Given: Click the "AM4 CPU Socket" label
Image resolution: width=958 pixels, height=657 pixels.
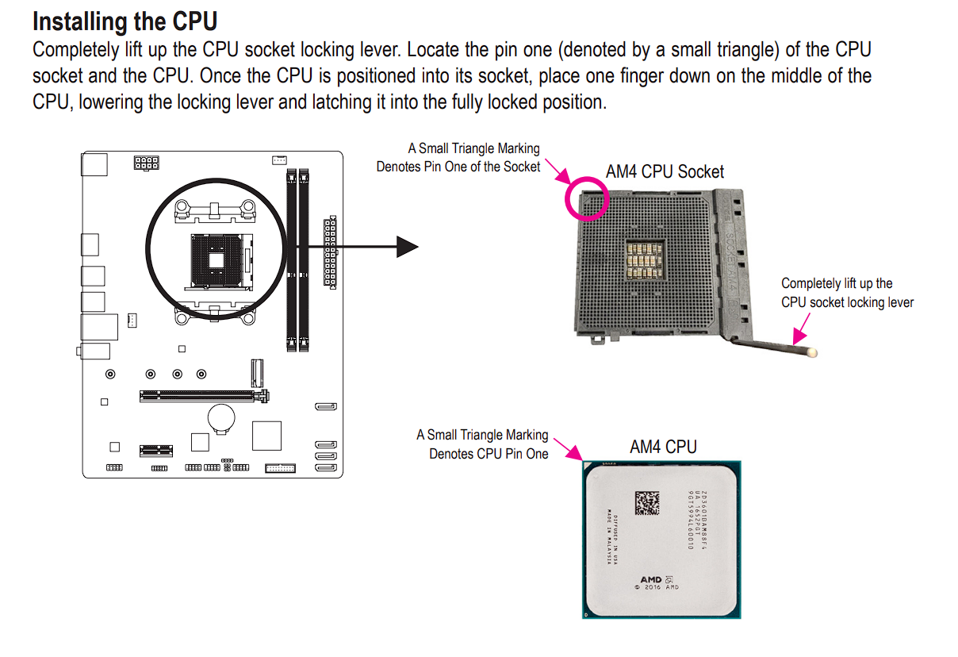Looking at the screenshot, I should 665,171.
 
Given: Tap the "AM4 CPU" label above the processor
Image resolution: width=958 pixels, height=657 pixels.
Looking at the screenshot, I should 663,447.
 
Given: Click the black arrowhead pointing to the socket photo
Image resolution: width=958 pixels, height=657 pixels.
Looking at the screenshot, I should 406,247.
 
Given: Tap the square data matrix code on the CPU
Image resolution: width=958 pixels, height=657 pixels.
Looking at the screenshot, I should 647,501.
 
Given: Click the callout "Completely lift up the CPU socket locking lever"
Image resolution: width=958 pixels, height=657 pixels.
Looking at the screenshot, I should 846,293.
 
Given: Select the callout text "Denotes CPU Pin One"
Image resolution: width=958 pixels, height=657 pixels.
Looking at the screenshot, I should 489,454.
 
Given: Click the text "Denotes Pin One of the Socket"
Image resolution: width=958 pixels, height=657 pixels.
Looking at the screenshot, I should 458,167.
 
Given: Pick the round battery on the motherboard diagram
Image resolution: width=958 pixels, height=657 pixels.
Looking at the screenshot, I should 221,415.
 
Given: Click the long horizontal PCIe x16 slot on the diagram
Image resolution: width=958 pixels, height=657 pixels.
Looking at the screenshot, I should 204,394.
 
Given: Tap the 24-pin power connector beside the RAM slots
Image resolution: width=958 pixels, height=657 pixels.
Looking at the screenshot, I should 329,251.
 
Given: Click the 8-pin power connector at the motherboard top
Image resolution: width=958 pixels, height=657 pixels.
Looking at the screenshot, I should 146,164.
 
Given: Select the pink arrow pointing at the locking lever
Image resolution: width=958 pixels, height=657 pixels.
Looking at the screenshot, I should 803,327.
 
